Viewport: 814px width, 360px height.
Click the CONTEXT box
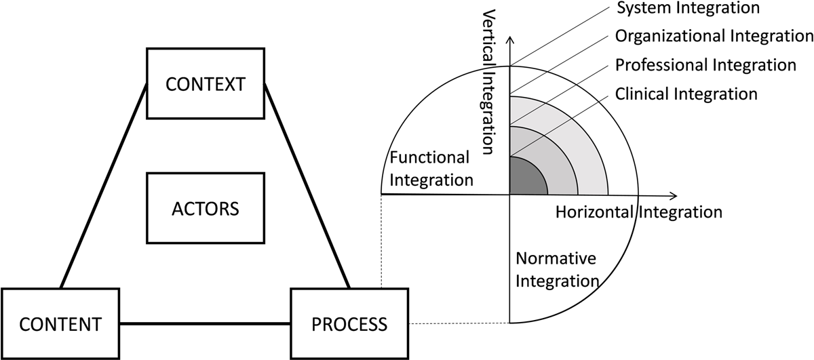205,84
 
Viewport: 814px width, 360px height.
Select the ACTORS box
205,208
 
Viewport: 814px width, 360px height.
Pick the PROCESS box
349,323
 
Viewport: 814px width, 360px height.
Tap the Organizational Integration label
708,37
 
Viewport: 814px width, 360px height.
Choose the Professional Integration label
705,65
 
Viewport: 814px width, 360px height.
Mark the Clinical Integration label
686,94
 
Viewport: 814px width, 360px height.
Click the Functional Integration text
430,169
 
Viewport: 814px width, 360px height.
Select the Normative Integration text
557,269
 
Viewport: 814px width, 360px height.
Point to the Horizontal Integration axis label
638,212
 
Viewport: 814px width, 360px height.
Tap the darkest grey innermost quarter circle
524,178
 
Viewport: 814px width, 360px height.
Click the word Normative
556,258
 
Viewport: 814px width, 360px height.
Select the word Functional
430,158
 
